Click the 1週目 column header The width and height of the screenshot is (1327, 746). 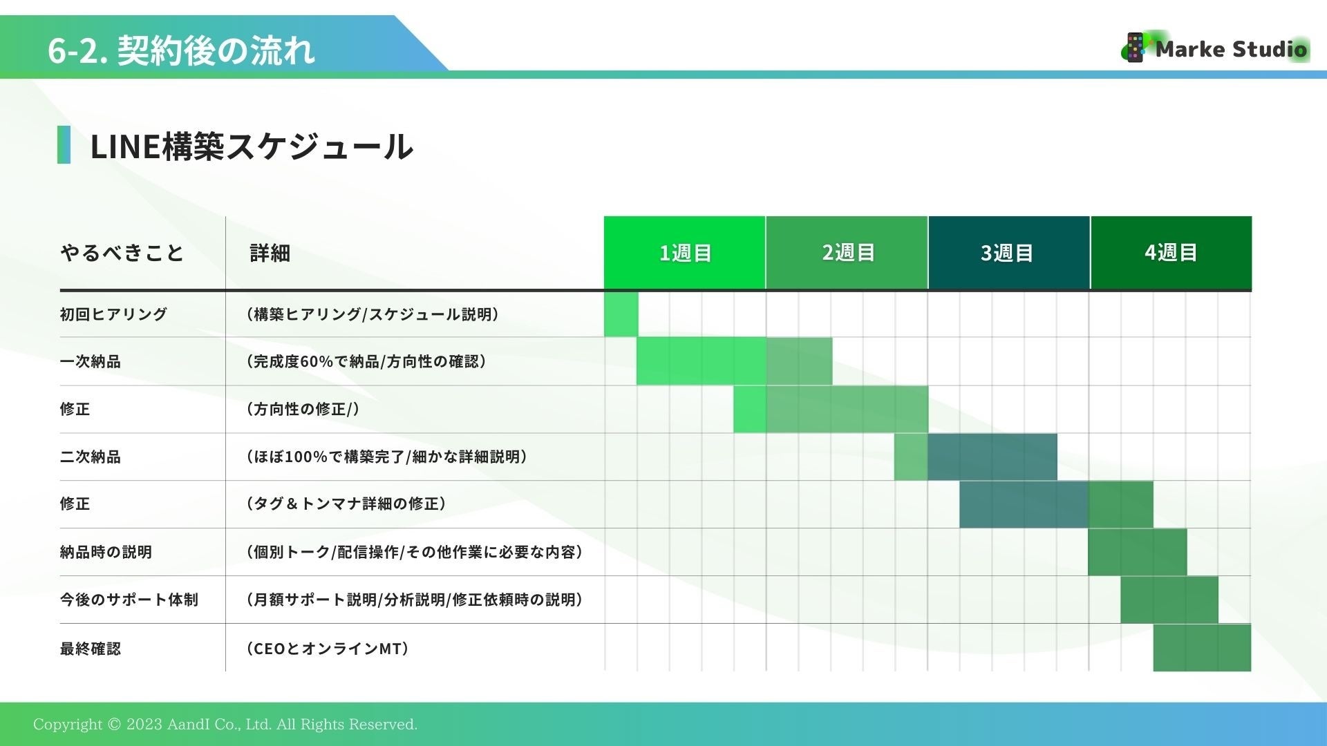(684, 253)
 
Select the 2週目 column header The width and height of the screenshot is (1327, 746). (847, 253)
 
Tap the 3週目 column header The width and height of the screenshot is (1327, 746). (1009, 253)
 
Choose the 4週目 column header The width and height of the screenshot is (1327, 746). (1171, 253)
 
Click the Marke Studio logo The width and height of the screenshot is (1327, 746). (1214, 48)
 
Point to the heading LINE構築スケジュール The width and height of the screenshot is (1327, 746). (252, 146)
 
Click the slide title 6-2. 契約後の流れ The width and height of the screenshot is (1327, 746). (181, 50)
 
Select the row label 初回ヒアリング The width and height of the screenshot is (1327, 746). (113, 314)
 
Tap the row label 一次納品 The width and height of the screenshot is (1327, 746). (90, 361)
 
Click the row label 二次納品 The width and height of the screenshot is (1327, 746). (90, 457)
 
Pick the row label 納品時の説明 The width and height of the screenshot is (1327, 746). (106, 552)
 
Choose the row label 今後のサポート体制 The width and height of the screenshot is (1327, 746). (129, 600)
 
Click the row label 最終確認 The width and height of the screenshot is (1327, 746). (90, 649)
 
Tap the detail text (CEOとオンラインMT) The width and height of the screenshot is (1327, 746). (328, 649)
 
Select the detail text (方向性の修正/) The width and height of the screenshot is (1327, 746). (303, 409)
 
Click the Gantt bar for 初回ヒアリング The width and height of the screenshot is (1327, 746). (621, 314)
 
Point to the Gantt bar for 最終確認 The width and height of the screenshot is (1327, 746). (1202, 648)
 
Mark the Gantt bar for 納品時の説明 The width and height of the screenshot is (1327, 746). (1137, 552)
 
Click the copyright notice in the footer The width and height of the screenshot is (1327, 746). (225, 724)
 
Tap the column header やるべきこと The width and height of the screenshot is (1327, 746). (122, 253)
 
